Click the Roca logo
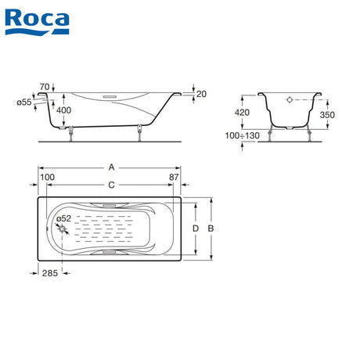click(37, 22)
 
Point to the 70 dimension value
click(45, 87)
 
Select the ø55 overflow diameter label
click(24, 103)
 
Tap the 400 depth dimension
click(63, 110)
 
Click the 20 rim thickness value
click(201, 94)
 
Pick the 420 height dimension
click(242, 113)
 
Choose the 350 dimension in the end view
click(327, 115)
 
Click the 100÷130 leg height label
click(243, 135)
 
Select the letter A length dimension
click(111, 167)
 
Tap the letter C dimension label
click(111, 185)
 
